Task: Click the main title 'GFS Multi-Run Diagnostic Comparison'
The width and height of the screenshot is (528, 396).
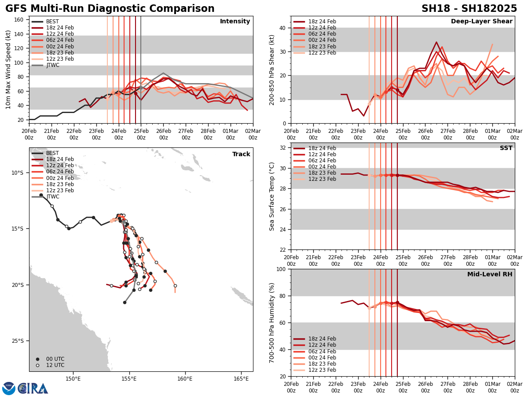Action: coord(110,9)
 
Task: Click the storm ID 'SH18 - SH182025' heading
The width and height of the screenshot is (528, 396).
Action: coord(469,9)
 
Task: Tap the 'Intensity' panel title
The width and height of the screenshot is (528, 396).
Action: coord(235,22)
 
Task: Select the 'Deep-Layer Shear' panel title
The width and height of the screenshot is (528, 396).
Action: coord(481,22)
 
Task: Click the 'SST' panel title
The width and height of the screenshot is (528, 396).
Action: coord(506,148)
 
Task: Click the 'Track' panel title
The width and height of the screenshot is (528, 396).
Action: coord(241,154)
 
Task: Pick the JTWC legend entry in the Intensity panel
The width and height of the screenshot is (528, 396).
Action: coord(52,65)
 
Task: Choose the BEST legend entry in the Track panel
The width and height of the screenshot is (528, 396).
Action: coord(52,153)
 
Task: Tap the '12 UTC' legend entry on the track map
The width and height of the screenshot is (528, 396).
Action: coord(55,365)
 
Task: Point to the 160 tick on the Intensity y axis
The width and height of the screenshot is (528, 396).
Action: coord(20,20)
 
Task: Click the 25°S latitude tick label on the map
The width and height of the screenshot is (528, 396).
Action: coord(18,341)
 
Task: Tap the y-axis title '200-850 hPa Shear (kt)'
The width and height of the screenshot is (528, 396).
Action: coord(272,70)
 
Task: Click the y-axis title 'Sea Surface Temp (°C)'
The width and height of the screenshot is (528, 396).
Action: coord(272,196)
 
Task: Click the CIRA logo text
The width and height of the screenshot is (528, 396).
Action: coord(33,389)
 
